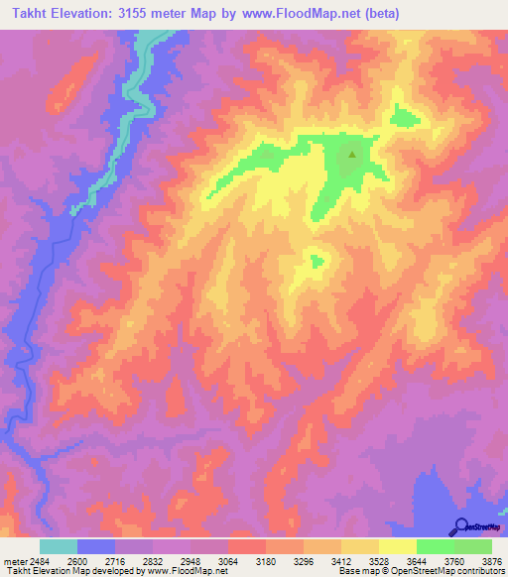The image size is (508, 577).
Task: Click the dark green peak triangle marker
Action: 351,154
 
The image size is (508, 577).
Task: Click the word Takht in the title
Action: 27,12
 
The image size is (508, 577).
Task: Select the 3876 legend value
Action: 492,560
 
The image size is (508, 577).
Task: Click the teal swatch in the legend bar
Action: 59,546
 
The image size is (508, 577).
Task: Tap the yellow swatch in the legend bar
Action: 398,546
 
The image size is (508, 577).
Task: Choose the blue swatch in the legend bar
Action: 96,546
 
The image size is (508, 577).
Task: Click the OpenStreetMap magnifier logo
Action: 461,526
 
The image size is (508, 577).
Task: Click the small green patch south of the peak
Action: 317,262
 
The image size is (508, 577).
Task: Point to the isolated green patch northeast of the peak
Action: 403,117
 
